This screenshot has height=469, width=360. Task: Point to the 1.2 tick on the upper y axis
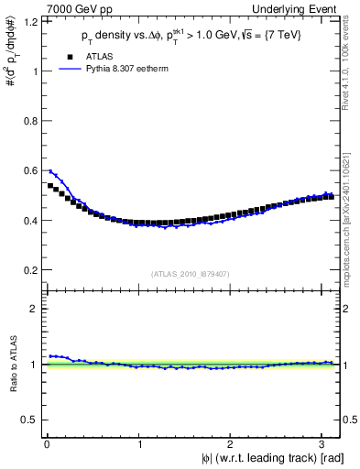pyautogui.click(x=35, y=21)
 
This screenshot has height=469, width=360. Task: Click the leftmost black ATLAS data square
pyautogui.click(x=51, y=185)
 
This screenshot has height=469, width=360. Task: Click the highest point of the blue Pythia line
pyautogui.click(x=50, y=171)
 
